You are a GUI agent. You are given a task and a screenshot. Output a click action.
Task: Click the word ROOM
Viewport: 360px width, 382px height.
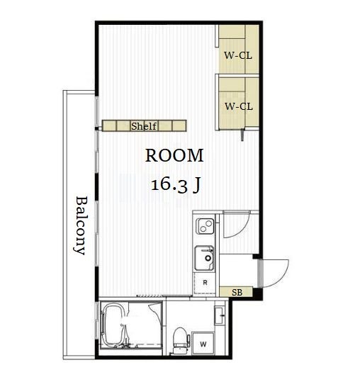point(174,155)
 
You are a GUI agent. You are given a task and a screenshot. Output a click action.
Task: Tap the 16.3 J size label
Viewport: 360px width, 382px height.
point(176,185)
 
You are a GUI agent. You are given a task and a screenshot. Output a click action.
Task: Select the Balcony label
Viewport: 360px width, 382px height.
point(81,225)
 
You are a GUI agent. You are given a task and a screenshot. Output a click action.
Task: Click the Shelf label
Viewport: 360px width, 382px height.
point(144,126)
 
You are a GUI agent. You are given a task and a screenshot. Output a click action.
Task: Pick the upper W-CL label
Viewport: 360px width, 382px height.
point(238,55)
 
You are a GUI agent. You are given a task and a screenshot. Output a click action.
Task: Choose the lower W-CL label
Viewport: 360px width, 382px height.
point(239,106)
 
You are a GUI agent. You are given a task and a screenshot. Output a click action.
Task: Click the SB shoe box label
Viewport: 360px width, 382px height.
point(237,292)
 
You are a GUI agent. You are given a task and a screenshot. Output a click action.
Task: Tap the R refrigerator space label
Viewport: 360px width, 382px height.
point(205,283)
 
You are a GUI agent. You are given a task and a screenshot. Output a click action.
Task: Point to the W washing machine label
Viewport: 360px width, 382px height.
point(203,344)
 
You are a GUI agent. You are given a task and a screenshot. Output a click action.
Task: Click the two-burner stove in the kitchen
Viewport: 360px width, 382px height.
point(205,226)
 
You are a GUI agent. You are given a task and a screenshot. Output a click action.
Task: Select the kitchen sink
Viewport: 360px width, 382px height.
point(204,258)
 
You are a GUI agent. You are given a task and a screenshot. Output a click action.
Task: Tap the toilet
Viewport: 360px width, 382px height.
point(181,341)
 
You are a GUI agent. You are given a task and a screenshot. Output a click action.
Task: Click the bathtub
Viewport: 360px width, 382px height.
point(115,325)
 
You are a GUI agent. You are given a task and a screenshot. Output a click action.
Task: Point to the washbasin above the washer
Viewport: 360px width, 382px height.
point(220,315)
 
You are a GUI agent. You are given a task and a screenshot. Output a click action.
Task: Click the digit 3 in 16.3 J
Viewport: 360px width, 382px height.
point(182,186)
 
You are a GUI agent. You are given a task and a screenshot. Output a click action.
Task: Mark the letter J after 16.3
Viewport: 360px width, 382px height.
point(197,186)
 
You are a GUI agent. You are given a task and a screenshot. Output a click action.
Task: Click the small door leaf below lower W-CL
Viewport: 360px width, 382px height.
point(242,135)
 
